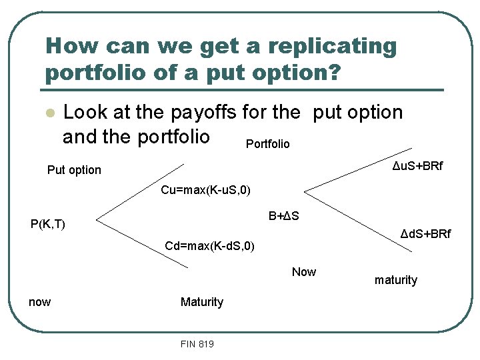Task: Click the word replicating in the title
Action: pyautogui.click(x=321, y=47)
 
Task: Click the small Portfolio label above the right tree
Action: pyautogui.click(x=267, y=144)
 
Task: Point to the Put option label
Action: pyautogui.click(x=74, y=170)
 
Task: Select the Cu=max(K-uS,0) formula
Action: pyautogui.click(x=205, y=191)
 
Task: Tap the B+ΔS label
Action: pyautogui.click(x=283, y=216)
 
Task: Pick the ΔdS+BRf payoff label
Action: pyautogui.click(x=425, y=234)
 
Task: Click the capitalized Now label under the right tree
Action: pyautogui.click(x=304, y=272)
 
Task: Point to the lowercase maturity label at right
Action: pyautogui.click(x=395, y=280)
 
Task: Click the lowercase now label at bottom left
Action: pyautogui.click(x=39, y=302)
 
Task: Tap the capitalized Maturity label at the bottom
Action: pyautogui.click(x=201, y=302)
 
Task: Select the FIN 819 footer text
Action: pyautogui.click(x=197, y=344)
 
